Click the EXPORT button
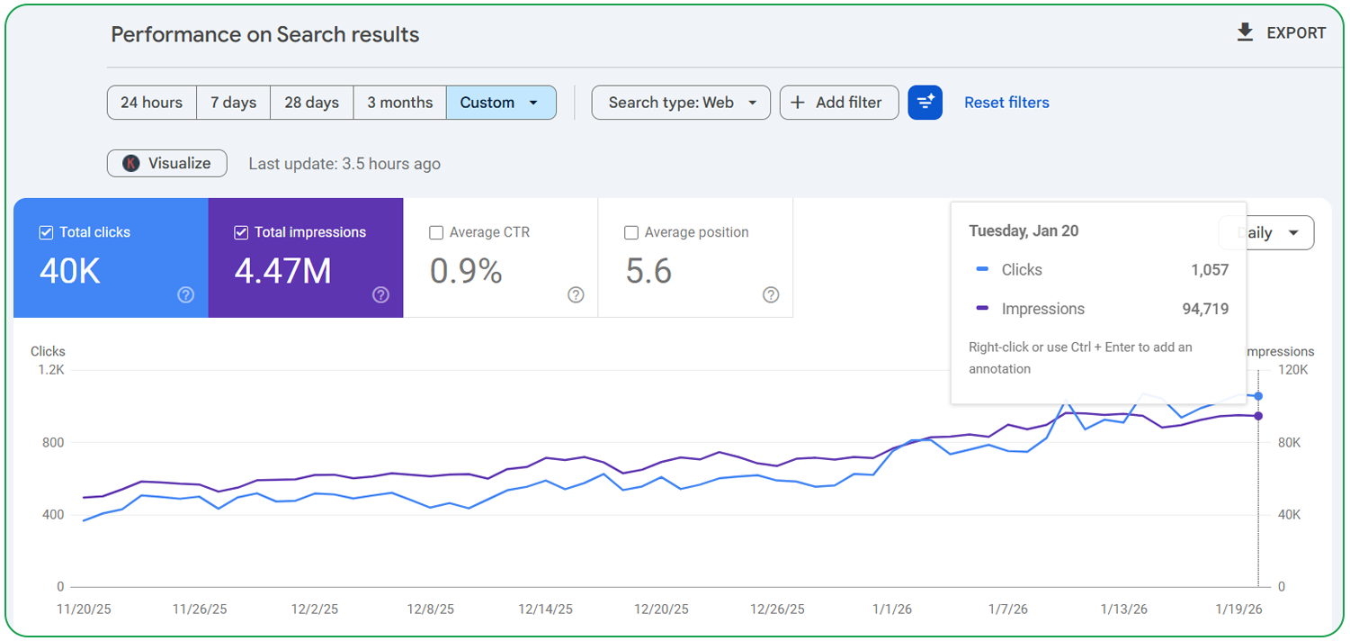click(x=1282, y=33)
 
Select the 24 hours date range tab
click(x=152, y=103)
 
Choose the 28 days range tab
click(x=311, y=103)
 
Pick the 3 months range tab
click(x=399, y=103)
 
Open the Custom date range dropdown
click(x=500, y=103)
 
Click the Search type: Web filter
click(x=681, y=103)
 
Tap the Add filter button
click(x=838, y=103)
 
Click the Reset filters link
click(x=1006, y=103)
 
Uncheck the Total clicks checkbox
click(x=47, y=232)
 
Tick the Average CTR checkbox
click(x=436, y=232)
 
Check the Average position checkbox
click(x=631, y=232)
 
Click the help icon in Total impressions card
click(x=380, y=294)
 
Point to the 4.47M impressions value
click(x=282, y=271)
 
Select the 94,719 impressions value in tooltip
click(x=1204, y=309)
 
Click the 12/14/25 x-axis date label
click(x=545, y=609)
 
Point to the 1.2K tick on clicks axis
click(x=52, y=370)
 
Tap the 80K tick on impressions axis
click(x=1289, y=443)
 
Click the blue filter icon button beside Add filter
click(x=925, y=103)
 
